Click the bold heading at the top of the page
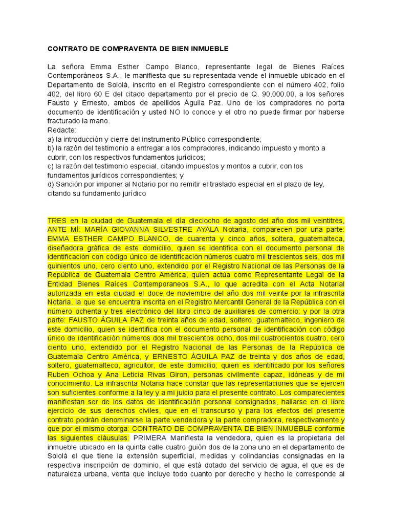tap(138, 49)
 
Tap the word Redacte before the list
tap(61, 130)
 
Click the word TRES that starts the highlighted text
tap(57, 220)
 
